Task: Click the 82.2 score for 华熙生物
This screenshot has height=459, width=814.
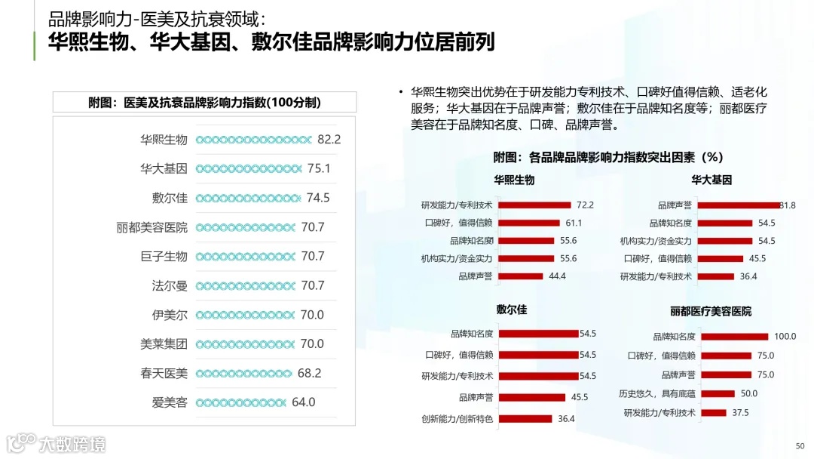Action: pyautogui.click(x=329, y=140)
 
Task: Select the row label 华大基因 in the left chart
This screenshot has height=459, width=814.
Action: pyautogui.click(x=164, y=169)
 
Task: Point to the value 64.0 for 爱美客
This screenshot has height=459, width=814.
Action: pyautogui.click(x=304, y=402)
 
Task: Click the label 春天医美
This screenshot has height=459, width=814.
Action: pyautogui.click(x=164, y=374)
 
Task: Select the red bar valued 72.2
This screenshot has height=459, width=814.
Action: pyautogui.click(x=534, y=205)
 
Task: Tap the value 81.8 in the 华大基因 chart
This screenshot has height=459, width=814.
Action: pyautogui.click(x=788, y=205)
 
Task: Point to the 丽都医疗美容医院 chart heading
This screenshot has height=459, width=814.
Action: pyautogui.click(x=710, y=311)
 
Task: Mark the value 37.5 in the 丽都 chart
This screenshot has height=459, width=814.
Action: pyautogui.click(x=740, y=413)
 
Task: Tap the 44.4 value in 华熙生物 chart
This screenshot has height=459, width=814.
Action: pyautogui.click(x=557, y=276)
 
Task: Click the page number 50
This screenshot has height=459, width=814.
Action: pyautogui.click(x=800, y=445)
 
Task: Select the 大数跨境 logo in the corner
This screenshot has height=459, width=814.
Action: pyautogui.click(x=57, y=443)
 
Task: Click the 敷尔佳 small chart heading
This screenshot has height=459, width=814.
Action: pyautogui.click(x=512, y=310)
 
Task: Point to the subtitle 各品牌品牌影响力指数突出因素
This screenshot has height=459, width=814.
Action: pyautogui.click(x=609, y=158)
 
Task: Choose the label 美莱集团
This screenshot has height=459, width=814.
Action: pyautogui.click(x=164, y=344)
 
